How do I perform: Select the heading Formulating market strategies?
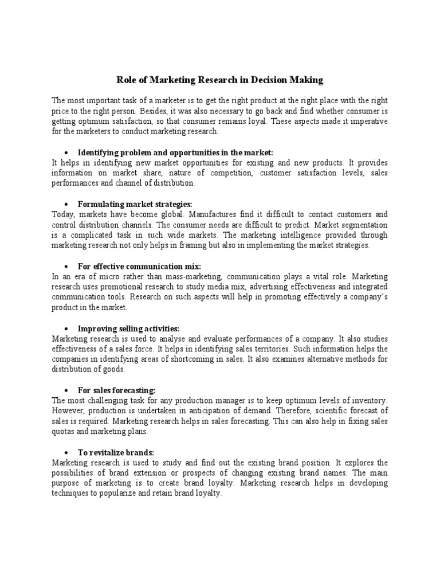point(135,204)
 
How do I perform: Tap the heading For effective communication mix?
point(140,267)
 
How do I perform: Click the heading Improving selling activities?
point(129,328)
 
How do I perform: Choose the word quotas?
point(63,431)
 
